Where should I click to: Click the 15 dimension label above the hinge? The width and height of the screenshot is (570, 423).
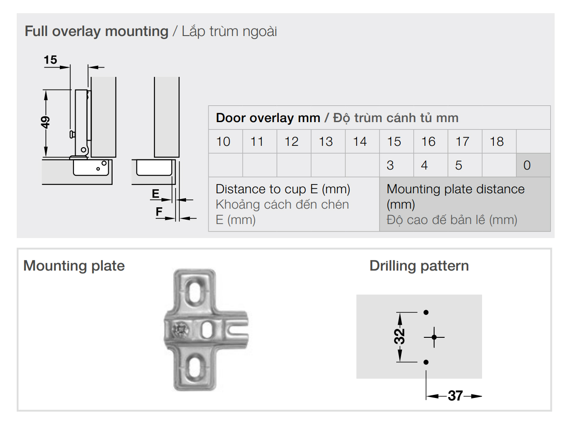coord(51,60)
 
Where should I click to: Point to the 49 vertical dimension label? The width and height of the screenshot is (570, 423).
coord(45,122)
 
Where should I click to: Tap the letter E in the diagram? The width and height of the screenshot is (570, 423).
coord(155,194)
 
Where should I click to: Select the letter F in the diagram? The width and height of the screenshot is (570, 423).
coord(159,212)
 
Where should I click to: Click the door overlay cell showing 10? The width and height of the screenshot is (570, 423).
coord(223,141)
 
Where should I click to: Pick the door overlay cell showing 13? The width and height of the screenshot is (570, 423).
coord(326,141)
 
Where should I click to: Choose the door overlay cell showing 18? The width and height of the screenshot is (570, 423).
coord(497,141)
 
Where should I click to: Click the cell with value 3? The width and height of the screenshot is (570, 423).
coord(390,165)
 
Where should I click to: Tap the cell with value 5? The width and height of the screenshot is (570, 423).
coord(459,165)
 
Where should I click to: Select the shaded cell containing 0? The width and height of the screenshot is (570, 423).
coord(527,165)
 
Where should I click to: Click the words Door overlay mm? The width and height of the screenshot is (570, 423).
coord(268,118)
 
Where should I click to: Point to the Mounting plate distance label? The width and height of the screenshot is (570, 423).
coord(455,189)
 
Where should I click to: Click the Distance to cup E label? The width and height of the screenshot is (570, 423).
coord(283,189)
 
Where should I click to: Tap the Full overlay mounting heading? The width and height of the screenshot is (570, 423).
coord(97,31)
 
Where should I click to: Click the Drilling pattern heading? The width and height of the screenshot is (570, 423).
coord(419,266)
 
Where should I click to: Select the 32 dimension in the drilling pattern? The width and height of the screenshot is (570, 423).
coord(399,336)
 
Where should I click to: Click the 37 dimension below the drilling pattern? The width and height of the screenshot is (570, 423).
coord(455,396)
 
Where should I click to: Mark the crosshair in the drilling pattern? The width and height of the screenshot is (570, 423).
coord(434,337)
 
